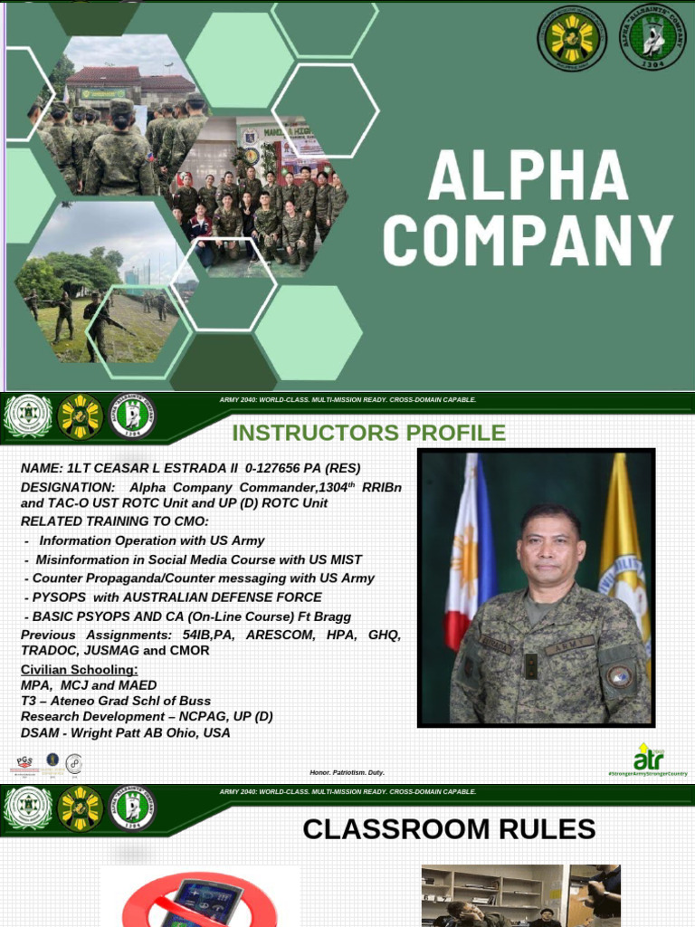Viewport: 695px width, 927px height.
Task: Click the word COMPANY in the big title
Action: pyautogui.click(x=528, y=242)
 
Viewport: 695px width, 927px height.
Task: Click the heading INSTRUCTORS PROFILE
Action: pyautogui.click(x=369, y=433)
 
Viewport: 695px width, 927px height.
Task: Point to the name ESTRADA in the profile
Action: pyautogui.click(x=185, y=468)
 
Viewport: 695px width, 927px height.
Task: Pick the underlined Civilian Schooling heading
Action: pyautogui.click(x=80, y=669)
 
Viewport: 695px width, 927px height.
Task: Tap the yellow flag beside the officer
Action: pyautogui.click(x=624, y=543)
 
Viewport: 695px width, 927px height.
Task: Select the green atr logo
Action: pyautogui.click(x=648, y=758)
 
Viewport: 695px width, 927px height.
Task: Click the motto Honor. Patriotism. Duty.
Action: pyautogui.click(x=347, y=772)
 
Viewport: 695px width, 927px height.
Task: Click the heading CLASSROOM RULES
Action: pyautogui.click(x=449, y=829)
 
